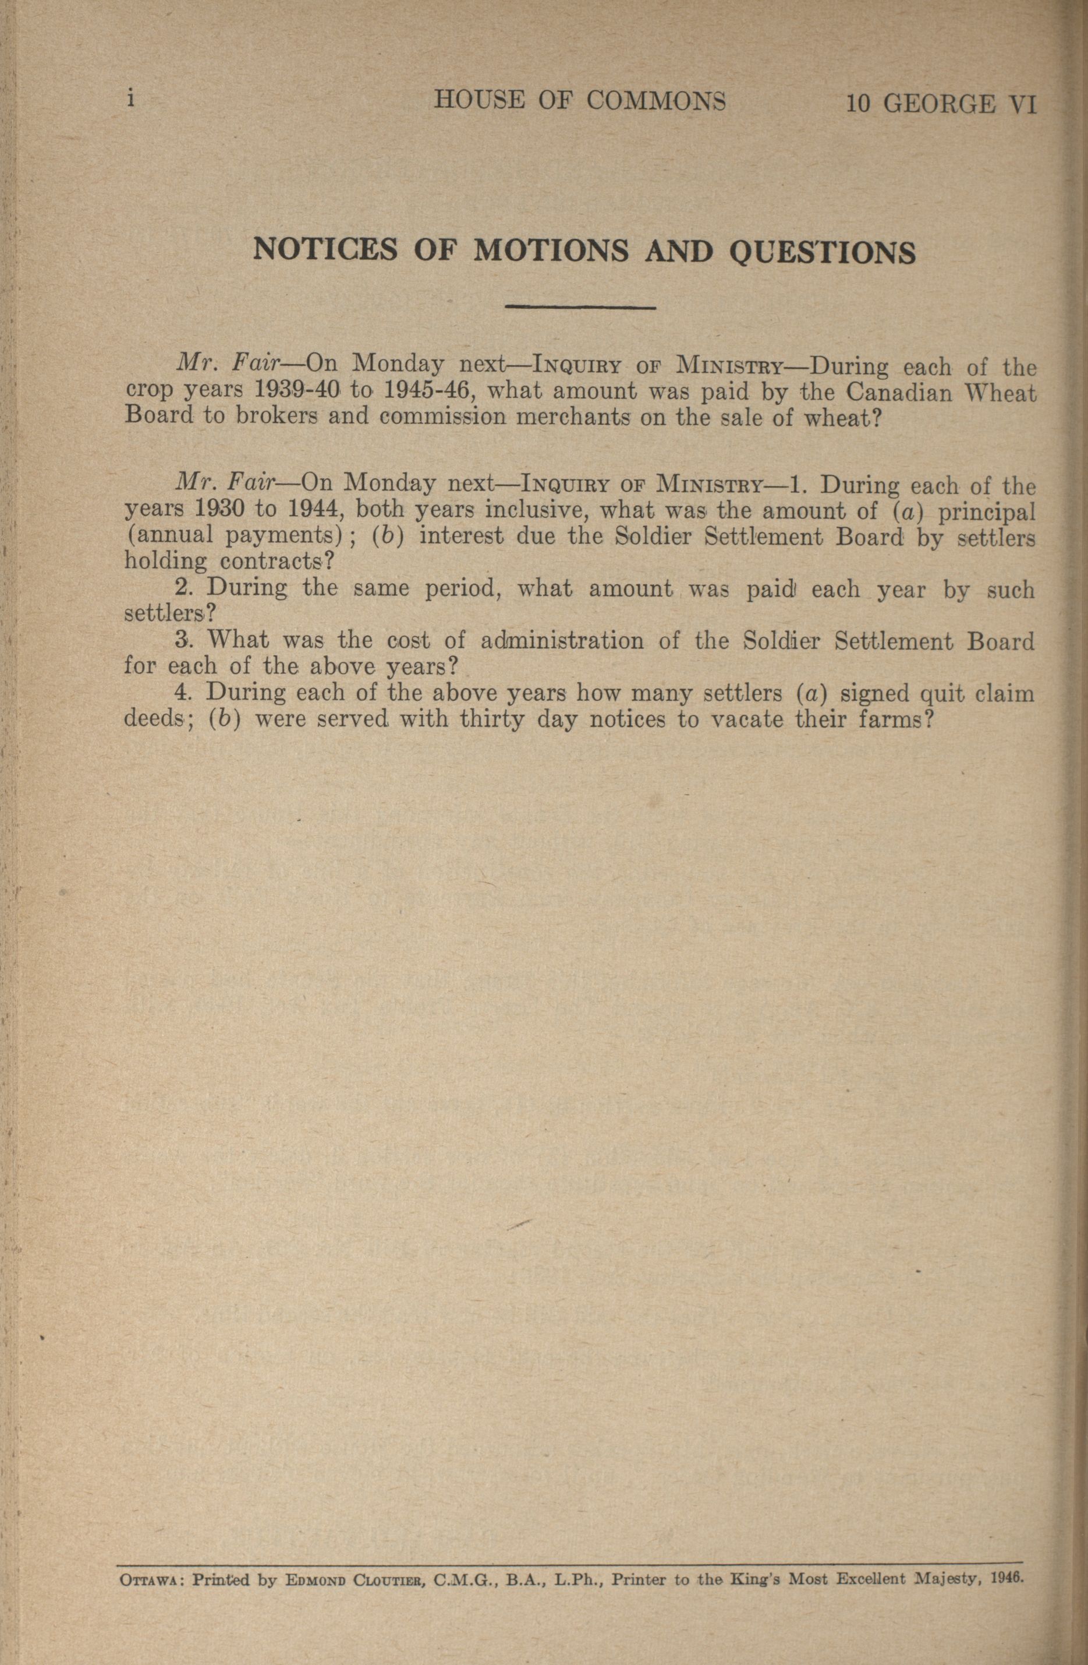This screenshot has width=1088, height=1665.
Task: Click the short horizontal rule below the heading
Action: (x=579, y=307)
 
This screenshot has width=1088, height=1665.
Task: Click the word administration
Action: (x=562, y=641)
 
